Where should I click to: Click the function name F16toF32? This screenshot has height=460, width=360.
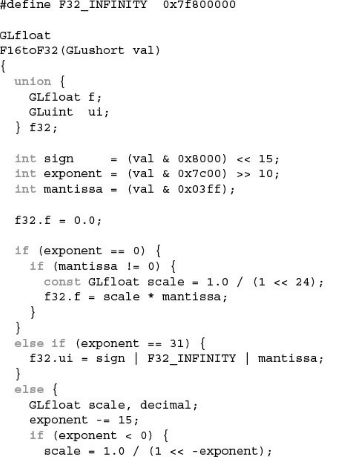[29, 50]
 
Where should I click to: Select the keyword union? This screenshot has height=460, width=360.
[33, 81]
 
